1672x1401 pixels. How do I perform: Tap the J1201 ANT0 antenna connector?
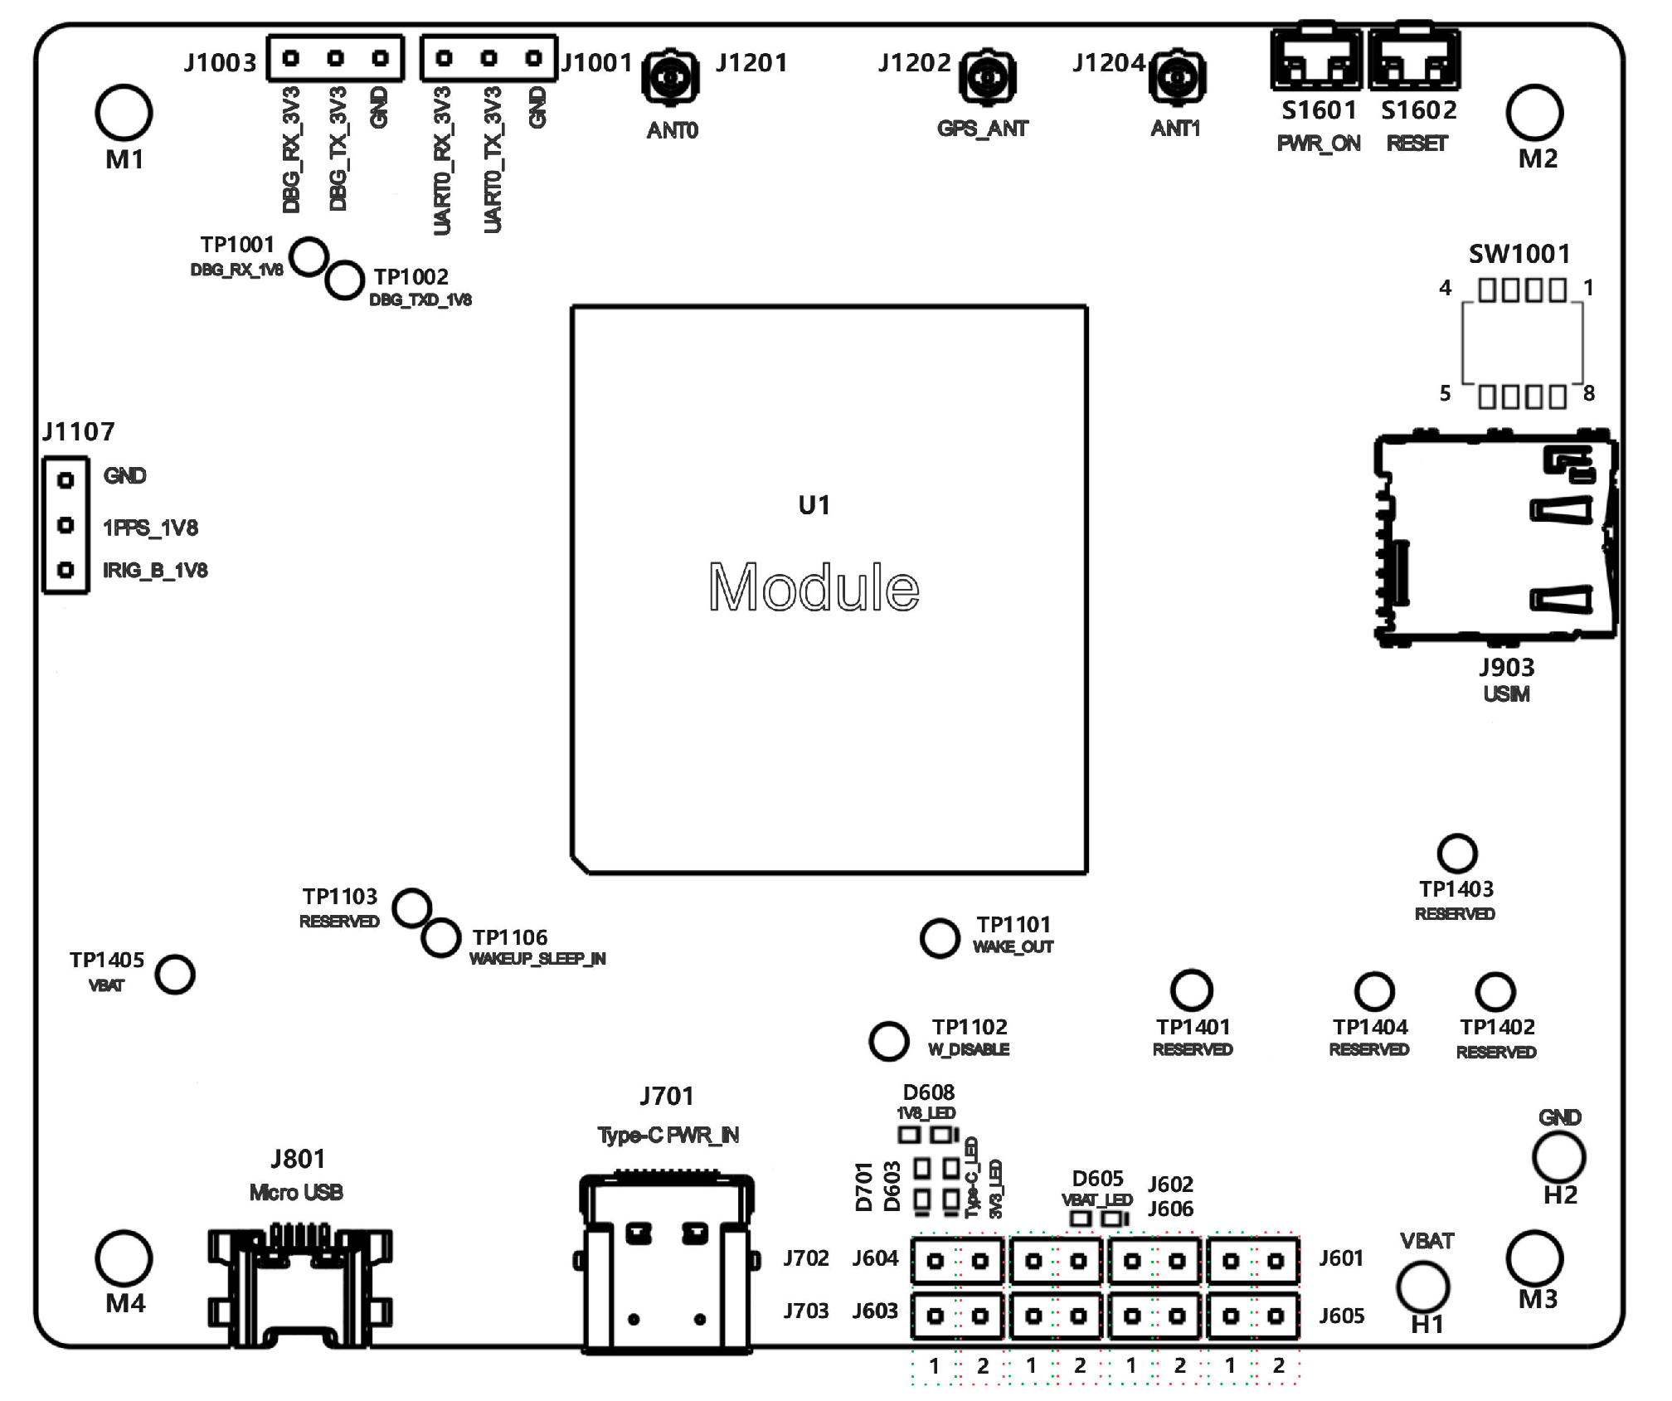pyautogui.click(x=669, y=78)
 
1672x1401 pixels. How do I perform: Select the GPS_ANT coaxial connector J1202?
pyautogui.click(x=987, y=78)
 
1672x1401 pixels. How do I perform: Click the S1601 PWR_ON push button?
pyautogui.click(x=1317, y=59)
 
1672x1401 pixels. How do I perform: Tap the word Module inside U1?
pyautogui.click(x=814, y=587)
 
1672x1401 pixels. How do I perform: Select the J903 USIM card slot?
pyautogui.click(x=1495, y=538)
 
